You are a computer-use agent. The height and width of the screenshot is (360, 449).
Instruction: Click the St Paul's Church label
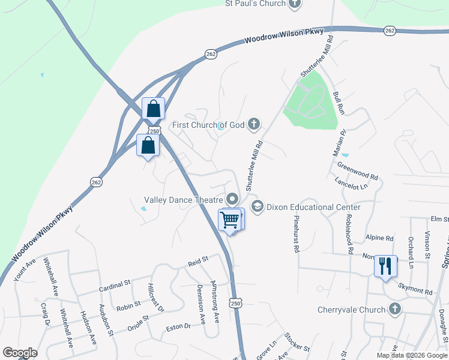click(255, 3)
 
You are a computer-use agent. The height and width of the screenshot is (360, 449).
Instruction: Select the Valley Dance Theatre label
click(183, 199)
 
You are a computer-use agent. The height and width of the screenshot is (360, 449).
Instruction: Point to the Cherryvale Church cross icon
click(394, 310)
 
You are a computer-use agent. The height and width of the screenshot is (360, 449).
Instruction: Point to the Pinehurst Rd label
click(296, 235)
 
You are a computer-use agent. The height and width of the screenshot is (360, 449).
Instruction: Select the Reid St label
click(197, 261)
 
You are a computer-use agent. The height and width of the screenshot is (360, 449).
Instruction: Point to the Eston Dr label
click(178, 327)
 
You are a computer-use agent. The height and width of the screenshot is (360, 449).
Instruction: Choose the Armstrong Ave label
click(212, 293)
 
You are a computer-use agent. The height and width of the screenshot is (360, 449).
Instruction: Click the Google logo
click(20, 352)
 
